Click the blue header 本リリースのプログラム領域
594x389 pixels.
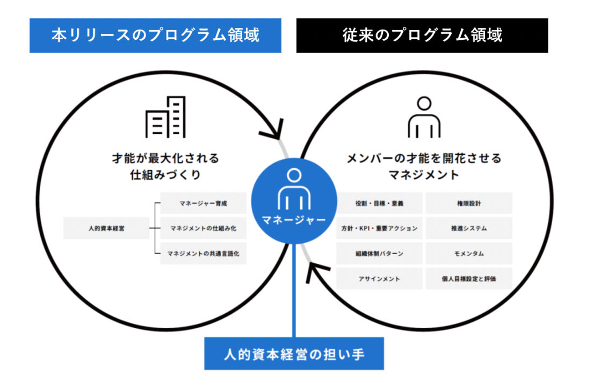(x=155, y=35)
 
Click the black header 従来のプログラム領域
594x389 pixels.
(x=422, y=35)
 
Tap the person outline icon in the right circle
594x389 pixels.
(x=424, y=117)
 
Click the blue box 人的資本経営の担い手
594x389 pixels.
(x=294, y=354)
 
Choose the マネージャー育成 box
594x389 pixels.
(x=203, y=204)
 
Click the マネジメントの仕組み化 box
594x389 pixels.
(x=203, y=228)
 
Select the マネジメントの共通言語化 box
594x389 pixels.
(x=203, y=253)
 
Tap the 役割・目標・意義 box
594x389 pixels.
(x=379, y=204)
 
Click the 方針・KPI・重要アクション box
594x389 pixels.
(x=379, y=228)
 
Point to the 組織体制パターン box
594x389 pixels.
(x=379, y=253)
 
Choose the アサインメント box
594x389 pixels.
(x=379, y=279)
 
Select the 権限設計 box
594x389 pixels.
(x=469, y=204)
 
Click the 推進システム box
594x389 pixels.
(x=469, y=228)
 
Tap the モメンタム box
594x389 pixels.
(x=469, y=253)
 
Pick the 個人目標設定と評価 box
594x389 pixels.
(x=469, y=279)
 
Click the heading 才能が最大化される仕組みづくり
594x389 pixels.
(x=165, y=167)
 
